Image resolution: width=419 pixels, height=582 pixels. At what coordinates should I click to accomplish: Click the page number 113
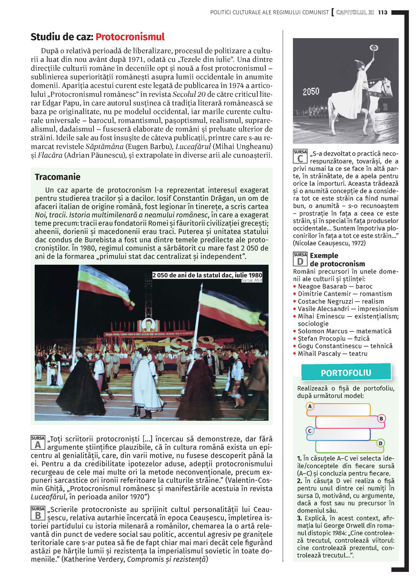(383, 13)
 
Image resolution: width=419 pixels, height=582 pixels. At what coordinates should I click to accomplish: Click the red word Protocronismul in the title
(130, 37)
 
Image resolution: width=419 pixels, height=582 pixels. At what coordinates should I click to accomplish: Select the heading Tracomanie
(57, 177)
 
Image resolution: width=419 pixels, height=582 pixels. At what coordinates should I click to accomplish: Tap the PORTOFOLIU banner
(346, 373)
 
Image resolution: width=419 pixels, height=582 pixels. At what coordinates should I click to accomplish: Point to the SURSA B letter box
(38, 513)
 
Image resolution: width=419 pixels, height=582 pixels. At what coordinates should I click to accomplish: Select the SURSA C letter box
(300, 156)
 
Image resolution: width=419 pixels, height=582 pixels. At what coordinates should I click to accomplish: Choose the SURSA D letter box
(300, 259)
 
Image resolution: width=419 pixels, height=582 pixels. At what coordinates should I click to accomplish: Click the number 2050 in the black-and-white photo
(311, 91)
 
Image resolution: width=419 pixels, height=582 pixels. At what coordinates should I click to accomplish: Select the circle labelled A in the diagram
(310, 406)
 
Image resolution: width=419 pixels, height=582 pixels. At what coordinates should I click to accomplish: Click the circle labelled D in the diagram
(380, 443)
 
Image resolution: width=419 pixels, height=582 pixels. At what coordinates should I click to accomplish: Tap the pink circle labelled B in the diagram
(381, 419)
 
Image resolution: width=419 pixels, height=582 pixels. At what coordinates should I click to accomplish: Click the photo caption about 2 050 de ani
(207, 276)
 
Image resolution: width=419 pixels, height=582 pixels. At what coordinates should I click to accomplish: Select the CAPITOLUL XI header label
(354, 13)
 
